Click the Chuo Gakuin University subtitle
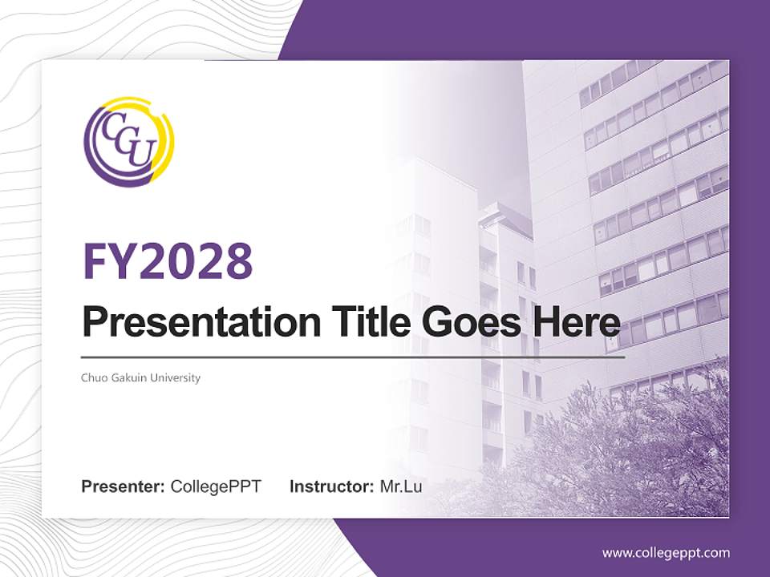[x=141, y=377]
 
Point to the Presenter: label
[x=124, y=486]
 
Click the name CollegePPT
[x=216, y=486]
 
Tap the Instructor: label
[x=331, y=486]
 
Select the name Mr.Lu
[x=401, y=486]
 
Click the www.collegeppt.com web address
[x=666, y=553]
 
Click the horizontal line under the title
[x=353, y=357]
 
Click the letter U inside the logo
[x=138, y=155]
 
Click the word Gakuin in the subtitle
[x=131, y=377]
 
